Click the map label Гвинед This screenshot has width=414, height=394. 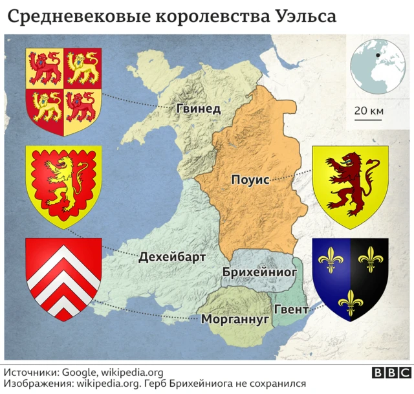[199, 109]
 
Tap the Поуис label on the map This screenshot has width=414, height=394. [250, 180]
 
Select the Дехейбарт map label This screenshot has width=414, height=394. [172, 257]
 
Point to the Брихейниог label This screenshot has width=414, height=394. [259, 272]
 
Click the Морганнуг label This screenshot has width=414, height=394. [235, 319]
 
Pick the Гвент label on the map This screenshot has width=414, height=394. [291, 310]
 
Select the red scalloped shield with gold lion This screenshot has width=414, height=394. [63, 184]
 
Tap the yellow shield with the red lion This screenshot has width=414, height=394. [350, 185]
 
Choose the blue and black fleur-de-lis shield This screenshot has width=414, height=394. [350, 277]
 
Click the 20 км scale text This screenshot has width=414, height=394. [369, 111]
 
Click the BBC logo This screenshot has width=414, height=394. [389, 373]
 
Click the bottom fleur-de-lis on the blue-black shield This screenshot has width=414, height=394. [350, 299]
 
